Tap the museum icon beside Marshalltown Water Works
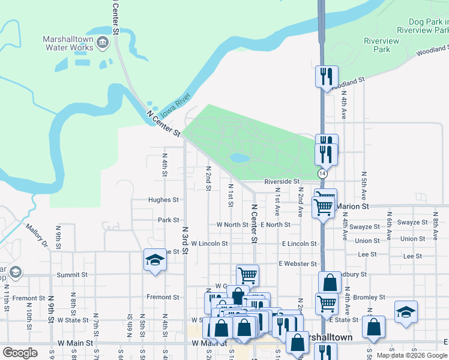point(103,42)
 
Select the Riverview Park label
point(381,45)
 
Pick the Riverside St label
point(282,181)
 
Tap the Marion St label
point(352,206)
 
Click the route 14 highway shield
point(322,173)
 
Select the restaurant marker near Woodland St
point(327,76)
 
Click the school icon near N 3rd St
point(155,260)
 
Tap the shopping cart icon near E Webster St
point(247,275)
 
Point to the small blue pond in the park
point(240,158)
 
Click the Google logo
point(20,353)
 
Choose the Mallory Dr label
point(36,235)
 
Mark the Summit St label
point(72,275)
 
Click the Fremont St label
point(163,297)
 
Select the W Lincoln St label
point(209,244)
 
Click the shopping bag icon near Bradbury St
point(330,282)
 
